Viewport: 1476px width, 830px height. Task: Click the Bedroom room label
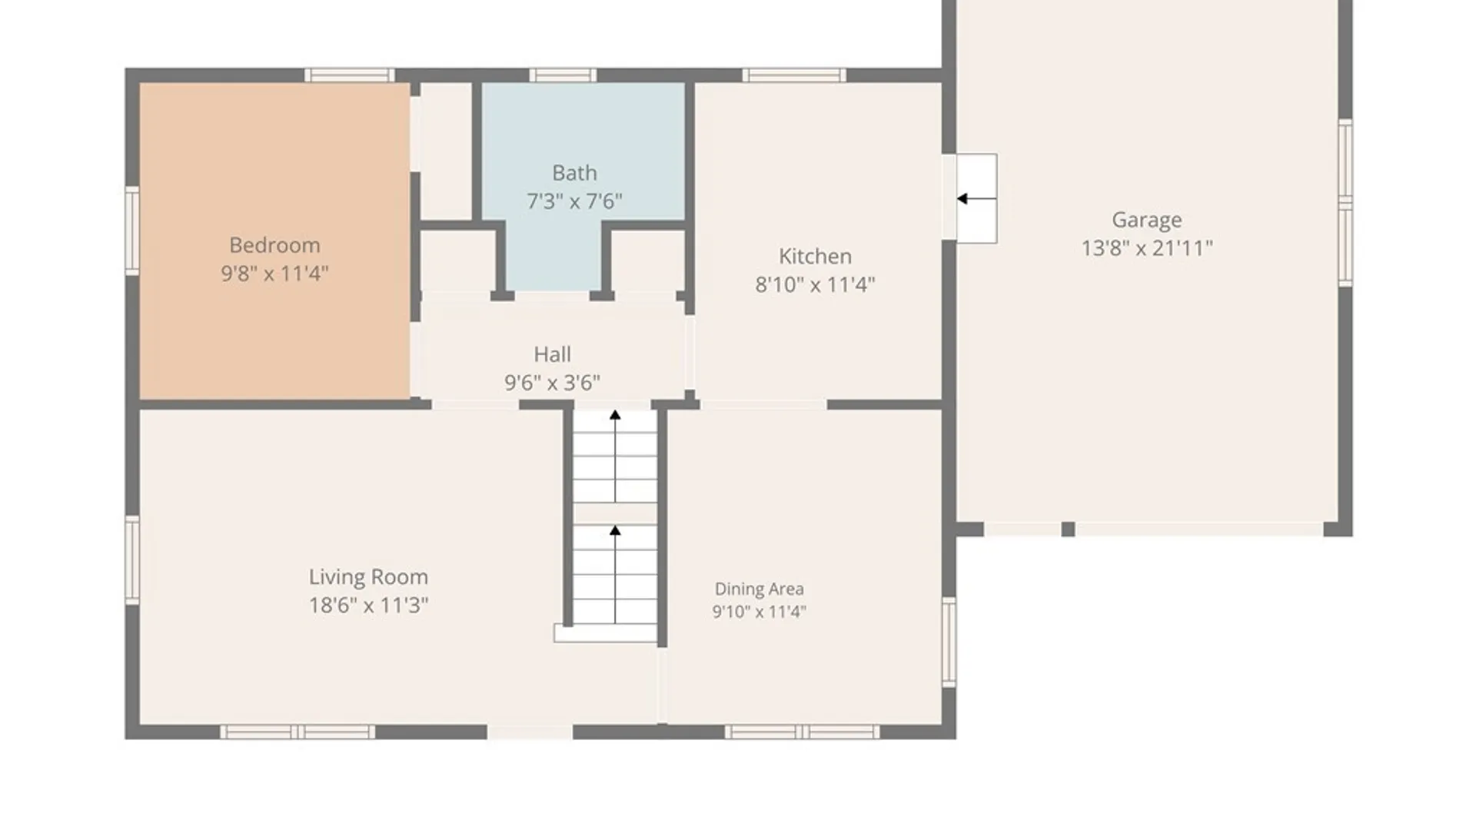point(274,245)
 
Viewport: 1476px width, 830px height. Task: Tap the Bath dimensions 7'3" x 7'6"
point(574,201)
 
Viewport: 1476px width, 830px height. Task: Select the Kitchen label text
point(815,256)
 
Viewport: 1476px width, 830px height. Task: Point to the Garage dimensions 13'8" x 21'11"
point(1147,248)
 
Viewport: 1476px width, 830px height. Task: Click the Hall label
point(552,354)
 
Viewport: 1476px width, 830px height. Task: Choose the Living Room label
point(368,577)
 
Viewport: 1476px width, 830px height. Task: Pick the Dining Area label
point(760,589)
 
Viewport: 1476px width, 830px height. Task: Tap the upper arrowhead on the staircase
point(615,415)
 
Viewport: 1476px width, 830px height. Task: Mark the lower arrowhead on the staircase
point(615,530)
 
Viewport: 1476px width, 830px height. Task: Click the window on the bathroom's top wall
point(563,75)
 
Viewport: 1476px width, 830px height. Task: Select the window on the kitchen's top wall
point(794,75)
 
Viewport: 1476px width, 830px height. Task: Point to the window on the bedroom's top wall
point(350,75)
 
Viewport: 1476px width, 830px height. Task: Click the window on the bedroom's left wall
point(132,231)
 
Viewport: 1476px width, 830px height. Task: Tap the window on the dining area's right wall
point(949,642)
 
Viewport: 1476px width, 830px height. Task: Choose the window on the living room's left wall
point(132,560)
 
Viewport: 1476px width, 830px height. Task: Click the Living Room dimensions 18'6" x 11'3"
point(368,606)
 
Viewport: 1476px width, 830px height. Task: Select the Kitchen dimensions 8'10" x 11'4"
point(815,285)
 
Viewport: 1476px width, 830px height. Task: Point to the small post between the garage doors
point(1068,529)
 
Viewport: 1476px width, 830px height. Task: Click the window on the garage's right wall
point(1345,203)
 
